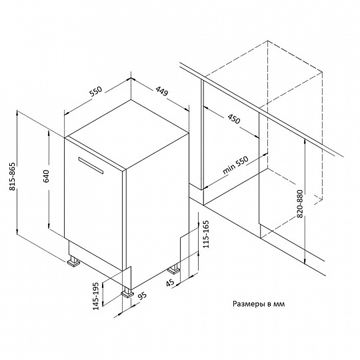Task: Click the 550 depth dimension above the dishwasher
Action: point(95,91)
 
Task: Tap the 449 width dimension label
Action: point(162,91)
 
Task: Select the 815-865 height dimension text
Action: point(12,176)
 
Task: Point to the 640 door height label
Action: point(46,176)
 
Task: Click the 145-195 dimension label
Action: point(96,296)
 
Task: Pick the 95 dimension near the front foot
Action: point(143,296)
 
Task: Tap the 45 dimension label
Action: point(170,283)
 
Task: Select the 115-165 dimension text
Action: point(206,234)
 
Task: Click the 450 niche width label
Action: point(234,119)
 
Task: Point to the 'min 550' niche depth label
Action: point(235,165)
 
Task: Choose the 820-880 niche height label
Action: point(300,204)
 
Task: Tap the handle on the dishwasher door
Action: point(91,165)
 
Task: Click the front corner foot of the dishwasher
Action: point(127,292)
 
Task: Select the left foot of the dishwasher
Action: point(73,261)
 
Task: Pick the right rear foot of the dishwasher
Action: point(174,269)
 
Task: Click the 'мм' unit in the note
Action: point(279,305)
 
